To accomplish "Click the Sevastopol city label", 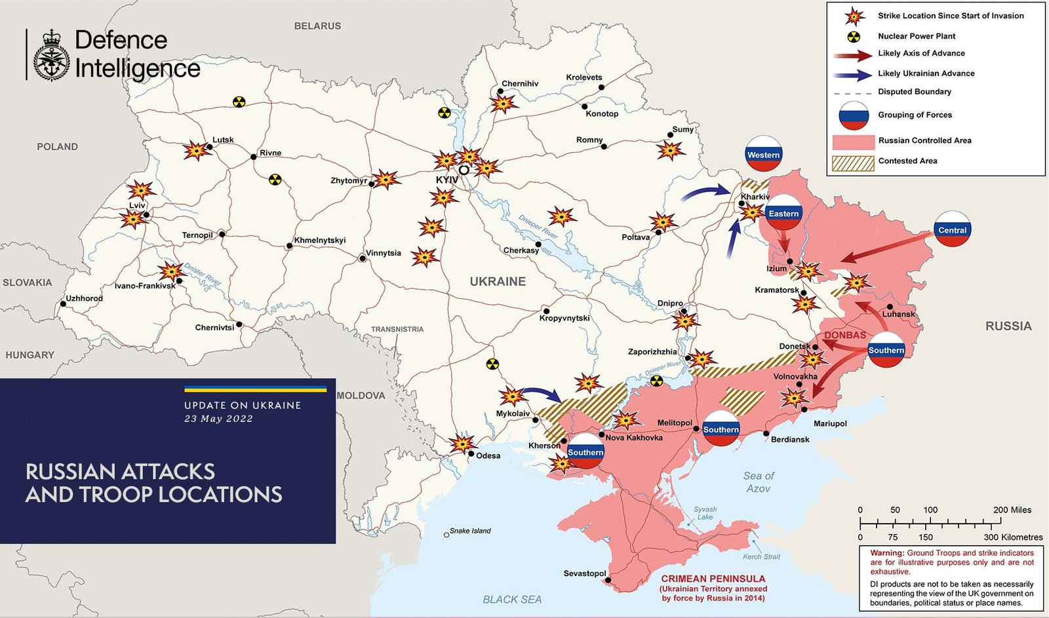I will click(x=584, y=573).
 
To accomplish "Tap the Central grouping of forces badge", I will click(x=952, y=229).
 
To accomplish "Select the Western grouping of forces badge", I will click(x=763, y=154).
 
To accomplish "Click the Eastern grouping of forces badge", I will click(x=783, y=212).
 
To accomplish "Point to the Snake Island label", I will click(x=470, y=531).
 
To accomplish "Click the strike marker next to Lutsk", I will click(x=195, y=151).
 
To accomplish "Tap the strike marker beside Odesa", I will click(x=462, y=444).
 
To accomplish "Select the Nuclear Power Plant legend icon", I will click(x=854, y=37).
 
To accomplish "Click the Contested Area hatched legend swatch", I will click(x=852, y=163).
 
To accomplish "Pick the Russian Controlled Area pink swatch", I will click(x=852, y=142).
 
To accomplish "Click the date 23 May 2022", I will click(x=218, y=419).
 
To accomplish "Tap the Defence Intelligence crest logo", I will click(x=50, y=55).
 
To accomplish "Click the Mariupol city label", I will click(x=829, y=423).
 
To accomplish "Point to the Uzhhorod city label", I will click(x=84, y=298).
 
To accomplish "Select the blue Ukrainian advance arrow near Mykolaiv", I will click(x=542, y=394).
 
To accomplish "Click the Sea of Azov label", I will click(x=758, y=482).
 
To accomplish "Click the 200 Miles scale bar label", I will click(x=1012, y=510).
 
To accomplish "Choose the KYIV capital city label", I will click(x=446, y=180).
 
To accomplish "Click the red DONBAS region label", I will click(x=844, y=335).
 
